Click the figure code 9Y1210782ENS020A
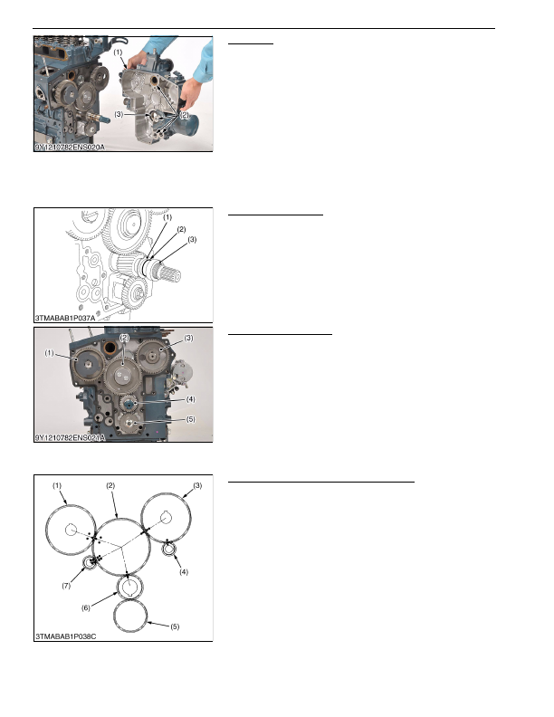tap(70, 148)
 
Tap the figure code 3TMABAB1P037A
tap(65, 318)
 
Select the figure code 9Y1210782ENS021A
tap(70, 438)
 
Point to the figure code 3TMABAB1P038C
tap(66, 636)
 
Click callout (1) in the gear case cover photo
tap(118, 53)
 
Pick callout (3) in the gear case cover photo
tap(119, 114)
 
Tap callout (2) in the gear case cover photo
tap(184, 115)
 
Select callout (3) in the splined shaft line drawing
tap(192, 239)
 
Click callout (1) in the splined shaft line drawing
tap(167, 217)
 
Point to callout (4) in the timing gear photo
tap(191, 399)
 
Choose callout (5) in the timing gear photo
tap(191, 419)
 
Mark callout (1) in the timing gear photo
tap(49, 353)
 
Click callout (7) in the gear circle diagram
tap(66, 586)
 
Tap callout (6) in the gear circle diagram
tap(86, 607)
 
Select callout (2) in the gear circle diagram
tap(110, 485)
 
